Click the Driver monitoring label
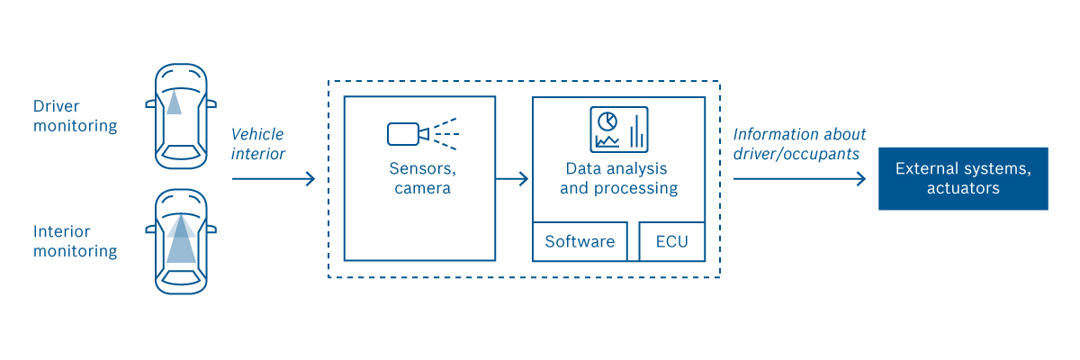pos(76,116)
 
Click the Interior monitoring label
pos(76,241)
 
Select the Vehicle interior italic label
pos(258,144)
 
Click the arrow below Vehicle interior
pos(274,179)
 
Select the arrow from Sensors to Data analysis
pos(512,179)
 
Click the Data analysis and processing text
pos(618,178)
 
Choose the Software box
pos(580,241)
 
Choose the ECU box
pos(671,241)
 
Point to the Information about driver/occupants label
pos(799,144)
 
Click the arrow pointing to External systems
pos(799,179)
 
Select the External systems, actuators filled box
pos(963,178)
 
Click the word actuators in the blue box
pos(963,189)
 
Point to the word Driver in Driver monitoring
pos(57,106)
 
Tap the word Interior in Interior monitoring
pos(62,231)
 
